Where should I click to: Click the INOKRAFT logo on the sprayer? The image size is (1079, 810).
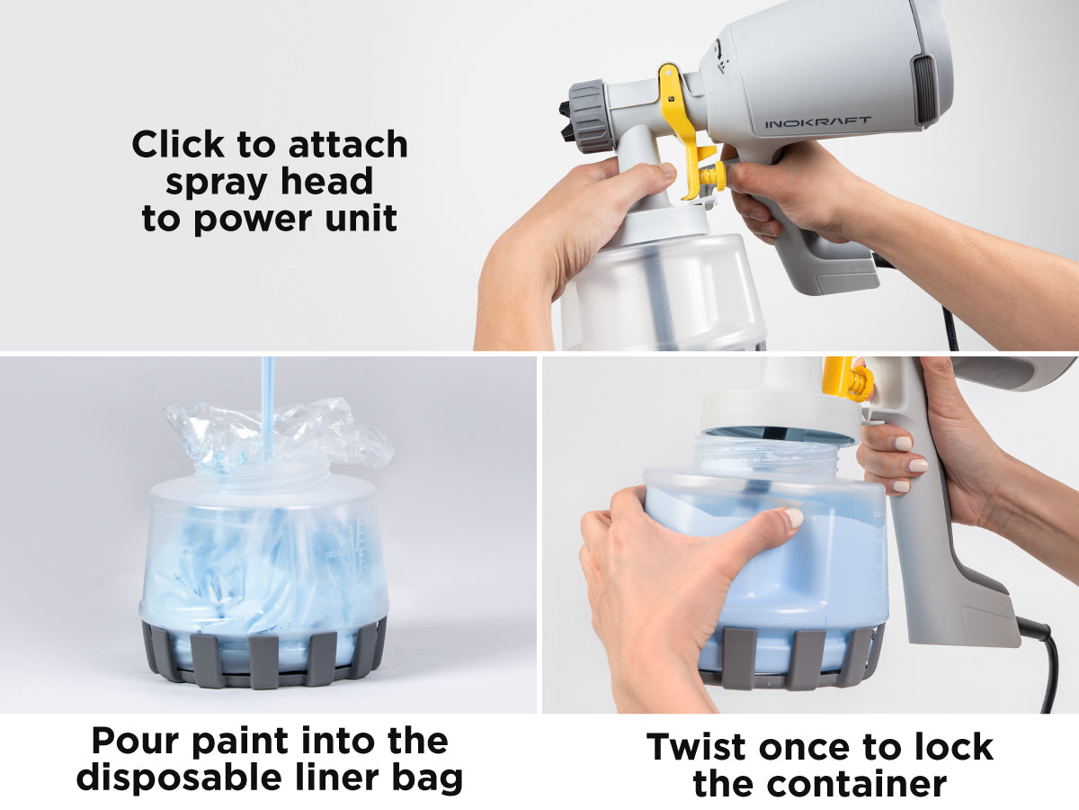[x=818, y=122]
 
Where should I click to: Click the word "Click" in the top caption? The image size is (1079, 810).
[x=178, y=145]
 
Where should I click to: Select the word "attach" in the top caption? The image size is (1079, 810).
[x=348, y=145]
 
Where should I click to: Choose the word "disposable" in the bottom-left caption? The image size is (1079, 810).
[x=179, y=779]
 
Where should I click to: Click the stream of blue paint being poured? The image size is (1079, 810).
[x=267, y=409]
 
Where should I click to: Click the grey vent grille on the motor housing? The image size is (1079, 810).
[x=923, y=89]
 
